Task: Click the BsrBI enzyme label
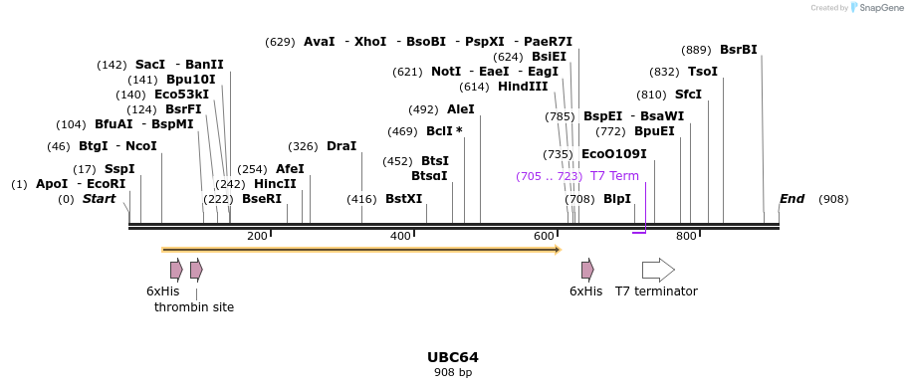(738, 50)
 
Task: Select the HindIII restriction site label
(523, 87)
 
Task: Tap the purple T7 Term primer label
(614, 176)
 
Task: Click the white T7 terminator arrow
(658, 270)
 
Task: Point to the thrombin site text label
(194, 307)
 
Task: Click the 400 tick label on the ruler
(400, 236)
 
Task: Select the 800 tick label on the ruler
(686, 236)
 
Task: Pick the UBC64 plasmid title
(453, 357)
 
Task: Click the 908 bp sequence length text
(453, 372)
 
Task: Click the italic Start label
(99, 199)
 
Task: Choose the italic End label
(792, 199)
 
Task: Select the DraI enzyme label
(341, 146)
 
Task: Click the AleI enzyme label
(461, 109)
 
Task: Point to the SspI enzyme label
(119, 169)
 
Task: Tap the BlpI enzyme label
(617, 199)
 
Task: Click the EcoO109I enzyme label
(613, 154)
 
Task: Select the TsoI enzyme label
(703, 72)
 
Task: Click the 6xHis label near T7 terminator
(585, 291)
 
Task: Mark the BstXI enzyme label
(404, 199)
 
